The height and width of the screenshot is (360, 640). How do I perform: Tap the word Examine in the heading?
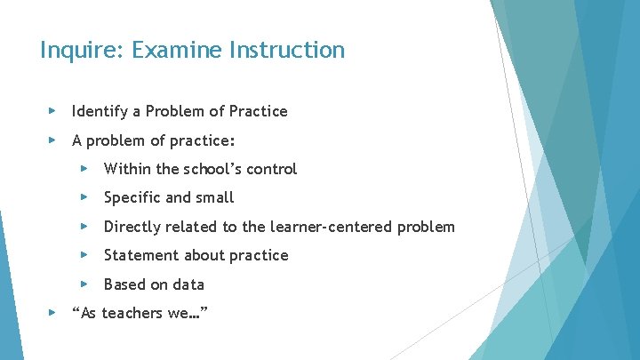[x=174, y=50]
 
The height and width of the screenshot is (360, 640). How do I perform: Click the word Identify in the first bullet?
[x=99, y=111]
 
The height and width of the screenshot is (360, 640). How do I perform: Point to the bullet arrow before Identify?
[x=52, y=111]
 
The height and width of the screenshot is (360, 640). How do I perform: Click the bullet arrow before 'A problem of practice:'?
[x=52, y=140]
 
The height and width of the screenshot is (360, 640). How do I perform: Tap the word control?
[x=269, y=169]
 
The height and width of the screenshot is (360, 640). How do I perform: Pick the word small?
[x=213, y=197]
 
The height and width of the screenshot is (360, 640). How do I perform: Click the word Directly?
[x=132, y=227]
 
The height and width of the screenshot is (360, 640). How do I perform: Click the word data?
[x=188, y=284]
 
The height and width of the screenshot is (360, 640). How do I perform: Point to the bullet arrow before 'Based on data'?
[x=84, y=284]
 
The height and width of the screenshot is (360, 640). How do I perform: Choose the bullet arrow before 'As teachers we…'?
[x=52, y=313]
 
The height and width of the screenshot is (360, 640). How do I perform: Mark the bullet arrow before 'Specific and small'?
[x=84, y=197]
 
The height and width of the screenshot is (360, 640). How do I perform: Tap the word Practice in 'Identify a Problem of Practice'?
[x=258, y=111]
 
